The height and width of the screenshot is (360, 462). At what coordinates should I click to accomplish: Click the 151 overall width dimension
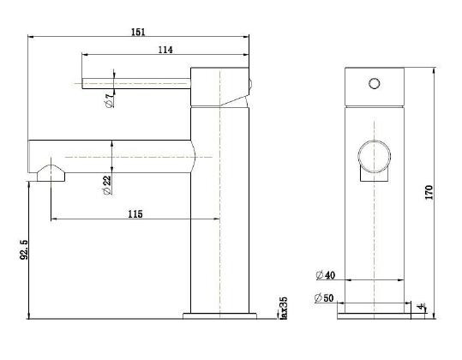[x=137, y=32]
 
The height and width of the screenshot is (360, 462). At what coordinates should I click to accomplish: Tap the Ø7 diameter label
[x=107, y=101]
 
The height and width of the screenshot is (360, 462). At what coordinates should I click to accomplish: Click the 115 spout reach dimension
[x=135, y=213]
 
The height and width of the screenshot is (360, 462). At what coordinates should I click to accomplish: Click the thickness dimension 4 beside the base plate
[x=421, y=305]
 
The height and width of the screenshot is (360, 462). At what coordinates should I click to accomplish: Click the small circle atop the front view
[x=373, y=84]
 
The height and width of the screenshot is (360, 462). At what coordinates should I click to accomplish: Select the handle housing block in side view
[x=219, y=86]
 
